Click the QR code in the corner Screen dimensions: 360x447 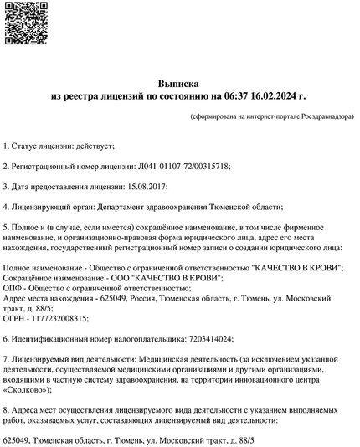[23, 22]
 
